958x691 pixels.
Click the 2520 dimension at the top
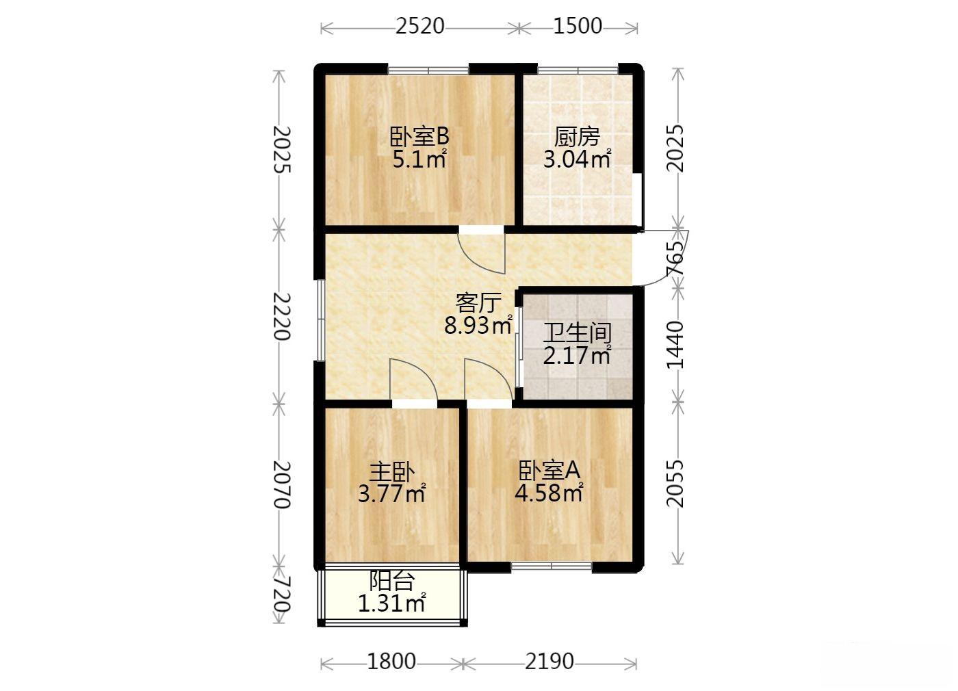point(420,26)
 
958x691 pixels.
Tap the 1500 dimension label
point(578,26)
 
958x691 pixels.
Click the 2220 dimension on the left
point(282,316)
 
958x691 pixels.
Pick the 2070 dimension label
point(282,484)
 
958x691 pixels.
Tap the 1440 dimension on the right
point(676,345)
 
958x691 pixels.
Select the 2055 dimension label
point(676,483)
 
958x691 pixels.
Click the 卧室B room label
point(419,136)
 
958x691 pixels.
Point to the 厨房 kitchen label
point(577,137)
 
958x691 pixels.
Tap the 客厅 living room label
point(478,302)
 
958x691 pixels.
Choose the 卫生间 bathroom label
point(577,333)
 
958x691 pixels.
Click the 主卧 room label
point(391,471)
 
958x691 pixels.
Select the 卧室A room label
point(549,470)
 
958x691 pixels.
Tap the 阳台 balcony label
point(391,581)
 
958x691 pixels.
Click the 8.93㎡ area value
point(478,326)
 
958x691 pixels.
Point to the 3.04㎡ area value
point(577,159)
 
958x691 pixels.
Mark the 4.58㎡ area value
point(549,493)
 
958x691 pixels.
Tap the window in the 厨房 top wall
point(578,70)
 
